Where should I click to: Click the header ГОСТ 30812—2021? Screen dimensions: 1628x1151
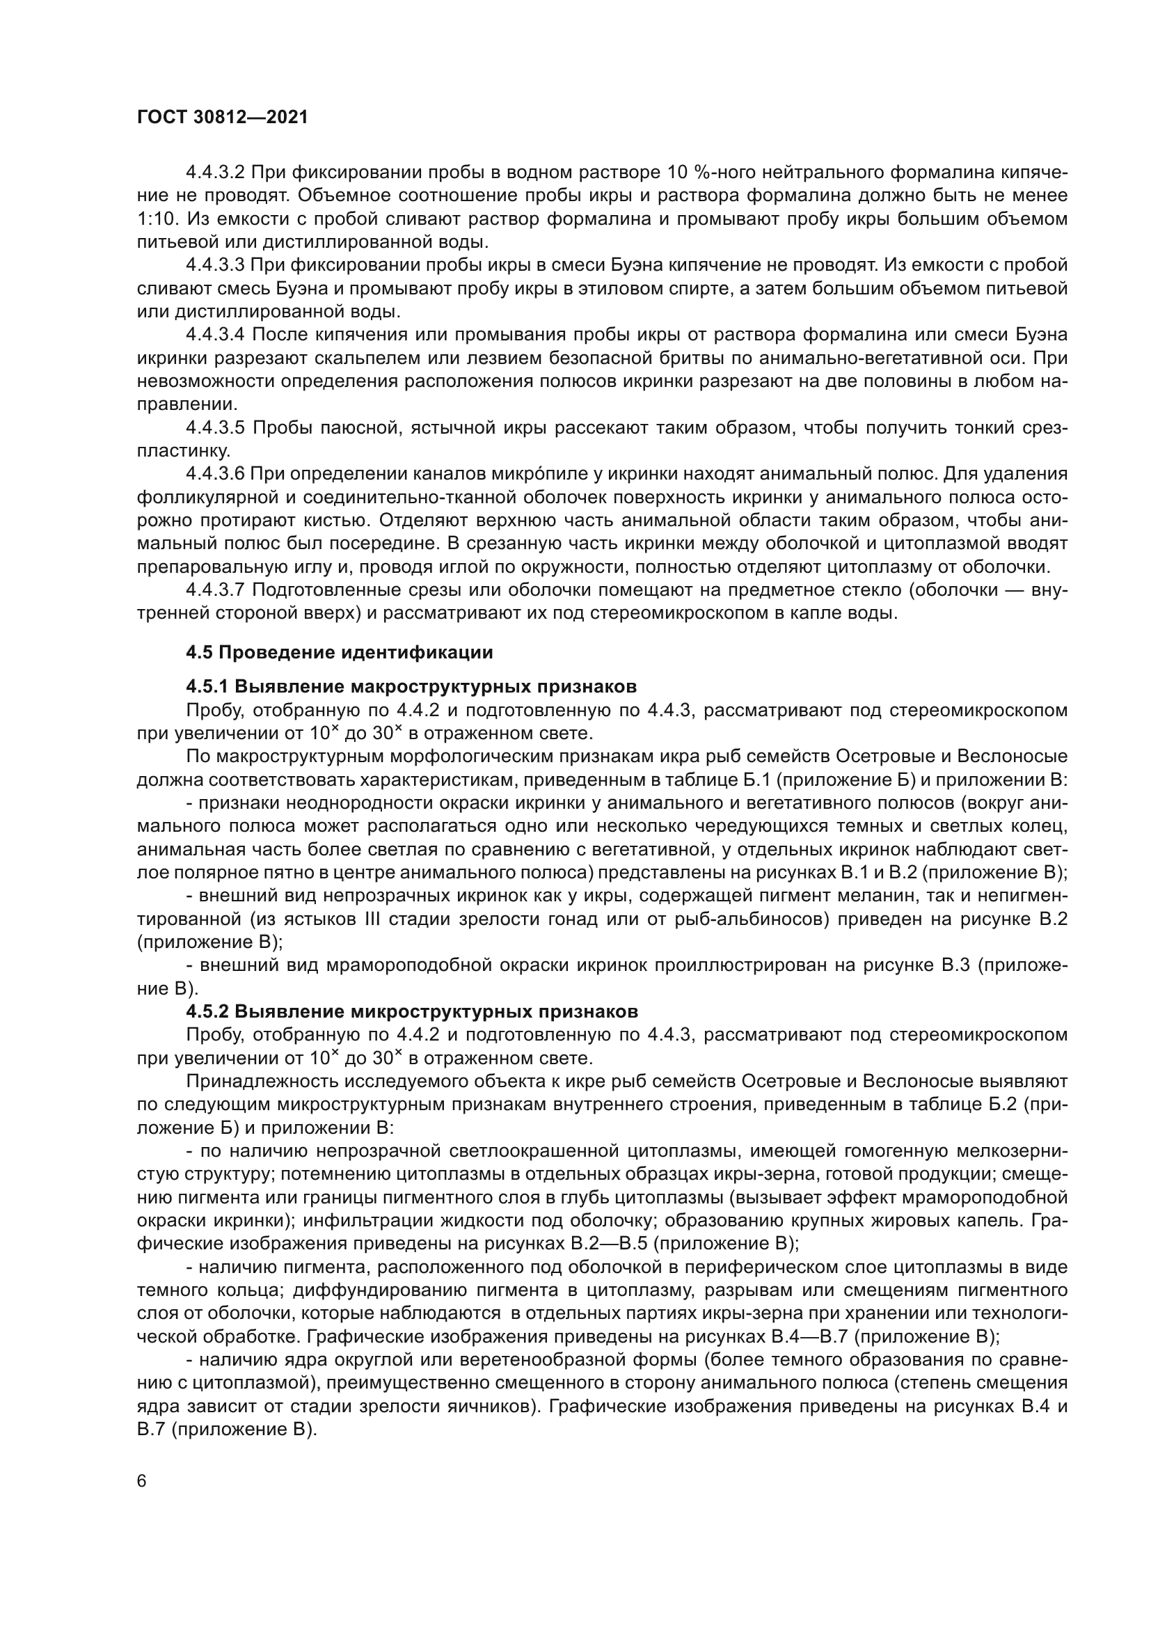222,118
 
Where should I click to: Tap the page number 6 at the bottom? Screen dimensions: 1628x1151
142,1481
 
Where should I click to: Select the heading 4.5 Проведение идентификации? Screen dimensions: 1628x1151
340,651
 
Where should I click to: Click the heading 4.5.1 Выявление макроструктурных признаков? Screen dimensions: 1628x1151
411,686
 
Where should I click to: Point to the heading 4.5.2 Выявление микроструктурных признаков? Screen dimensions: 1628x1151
412,1011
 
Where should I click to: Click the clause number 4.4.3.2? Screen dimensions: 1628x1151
216,173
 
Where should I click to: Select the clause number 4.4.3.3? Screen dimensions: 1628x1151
216,265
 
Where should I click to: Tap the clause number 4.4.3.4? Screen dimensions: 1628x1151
216,335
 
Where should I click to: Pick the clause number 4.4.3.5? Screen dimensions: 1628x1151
216,427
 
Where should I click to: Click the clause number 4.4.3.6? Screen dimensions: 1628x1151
216,474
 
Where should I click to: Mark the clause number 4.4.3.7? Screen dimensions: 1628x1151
216,590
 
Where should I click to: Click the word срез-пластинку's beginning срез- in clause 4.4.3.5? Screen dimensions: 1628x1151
1043,427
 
